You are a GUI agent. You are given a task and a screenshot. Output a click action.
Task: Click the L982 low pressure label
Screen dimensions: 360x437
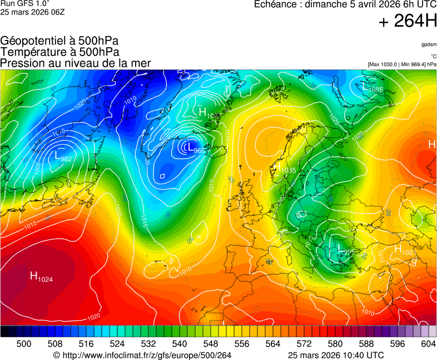pyautogui.click(x=63, y=157)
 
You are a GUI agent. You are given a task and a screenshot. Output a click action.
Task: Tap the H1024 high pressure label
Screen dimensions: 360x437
pyautogui.click(x=41, y=276)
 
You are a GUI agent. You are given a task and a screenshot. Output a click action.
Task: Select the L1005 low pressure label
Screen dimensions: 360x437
pyautogui.click(x=373, y=89)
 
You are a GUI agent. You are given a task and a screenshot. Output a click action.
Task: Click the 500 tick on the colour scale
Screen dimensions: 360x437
pyautogui.click(x=24, y=344)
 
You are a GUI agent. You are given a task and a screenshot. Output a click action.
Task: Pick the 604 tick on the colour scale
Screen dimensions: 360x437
pyautogui.click(x=428, y=344)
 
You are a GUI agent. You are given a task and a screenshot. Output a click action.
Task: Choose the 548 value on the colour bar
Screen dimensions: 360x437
pyautogui.click(x=211, y=344)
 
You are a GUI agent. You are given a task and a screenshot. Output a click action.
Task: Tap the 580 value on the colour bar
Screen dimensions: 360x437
pyautogui.click(x=335, y=344)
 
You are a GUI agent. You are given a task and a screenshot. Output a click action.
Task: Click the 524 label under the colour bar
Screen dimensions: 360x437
pyautogui.click(x=117, y=344)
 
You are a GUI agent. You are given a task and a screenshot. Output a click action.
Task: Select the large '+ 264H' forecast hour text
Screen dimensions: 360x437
pyautogui.click(x=408, y=22)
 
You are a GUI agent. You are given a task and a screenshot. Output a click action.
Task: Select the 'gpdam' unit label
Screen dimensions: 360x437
pyautogui.click(x=429, y=44)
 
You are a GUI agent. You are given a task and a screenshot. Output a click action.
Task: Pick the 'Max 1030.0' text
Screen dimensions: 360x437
pyautogui.click(x=384, y=64)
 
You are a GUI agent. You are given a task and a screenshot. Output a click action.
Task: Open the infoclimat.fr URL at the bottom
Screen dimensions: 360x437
pyautogui.click(x=142, y=355)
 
